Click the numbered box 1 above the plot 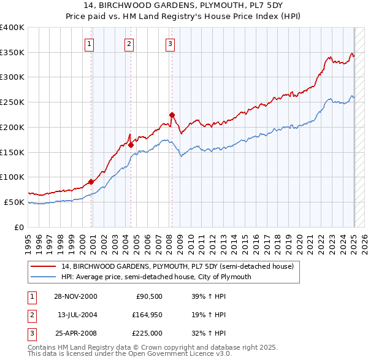[90, 44]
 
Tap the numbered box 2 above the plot [129, 44]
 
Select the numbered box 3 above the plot [169, 44]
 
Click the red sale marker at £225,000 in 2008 [172, 115]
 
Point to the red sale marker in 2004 [131, 145]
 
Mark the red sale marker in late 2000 [91, 182]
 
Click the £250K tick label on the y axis [12, 102]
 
